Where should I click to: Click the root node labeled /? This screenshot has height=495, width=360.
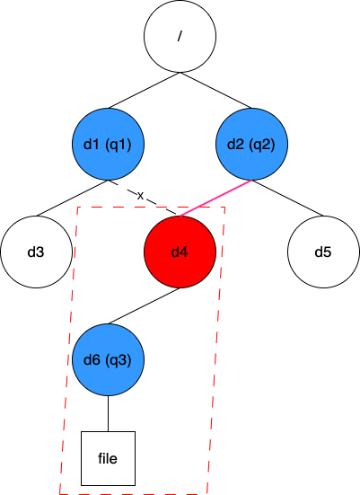[x=180, y=37]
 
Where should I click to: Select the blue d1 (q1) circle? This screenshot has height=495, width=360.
[x=108, y=144]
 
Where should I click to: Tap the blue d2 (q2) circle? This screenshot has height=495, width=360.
[x=251, y=144]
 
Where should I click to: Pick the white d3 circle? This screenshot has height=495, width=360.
[x=36, y=252]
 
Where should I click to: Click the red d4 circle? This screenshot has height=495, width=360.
[x=180, y=252]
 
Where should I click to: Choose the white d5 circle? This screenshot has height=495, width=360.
[x=323, y=252]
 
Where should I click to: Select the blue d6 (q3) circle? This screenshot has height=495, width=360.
[x=108, y=359]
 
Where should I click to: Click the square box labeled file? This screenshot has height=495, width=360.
[x=108, y=458]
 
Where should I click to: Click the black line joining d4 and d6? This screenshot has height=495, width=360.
[x=144, y=306]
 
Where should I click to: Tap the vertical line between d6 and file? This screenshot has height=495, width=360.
[x=108, y=413]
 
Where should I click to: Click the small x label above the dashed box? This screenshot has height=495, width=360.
[x=140, y=196]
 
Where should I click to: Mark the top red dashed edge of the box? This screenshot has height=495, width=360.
[x=117, y=208]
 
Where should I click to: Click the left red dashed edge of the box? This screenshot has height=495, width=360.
[x=68, y=350]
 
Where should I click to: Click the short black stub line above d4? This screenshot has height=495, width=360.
[x=173, y=212]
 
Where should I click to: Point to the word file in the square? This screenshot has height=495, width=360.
[x=108, y=458]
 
